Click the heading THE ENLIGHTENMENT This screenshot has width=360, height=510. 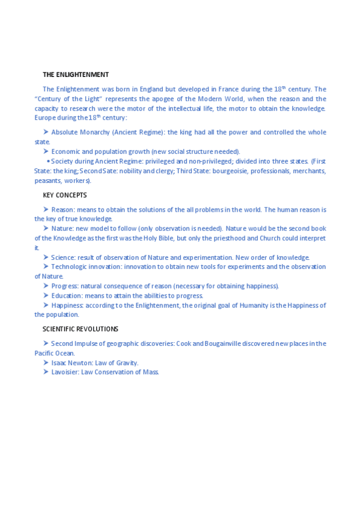click(x=76, y=75)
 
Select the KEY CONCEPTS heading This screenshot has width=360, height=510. click(x=65, y=195)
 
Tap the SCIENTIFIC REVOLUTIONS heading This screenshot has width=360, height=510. click(x=80, y=329)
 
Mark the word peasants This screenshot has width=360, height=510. click(x=48, y=180)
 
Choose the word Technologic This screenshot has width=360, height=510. click(x=69, y=266)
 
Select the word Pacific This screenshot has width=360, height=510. click(x=44, y=353)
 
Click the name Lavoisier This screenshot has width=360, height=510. click(x=64, y=372)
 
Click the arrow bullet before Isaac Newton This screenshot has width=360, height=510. click(x=46, y=363)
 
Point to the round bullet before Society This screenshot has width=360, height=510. click(x=48, y=161)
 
